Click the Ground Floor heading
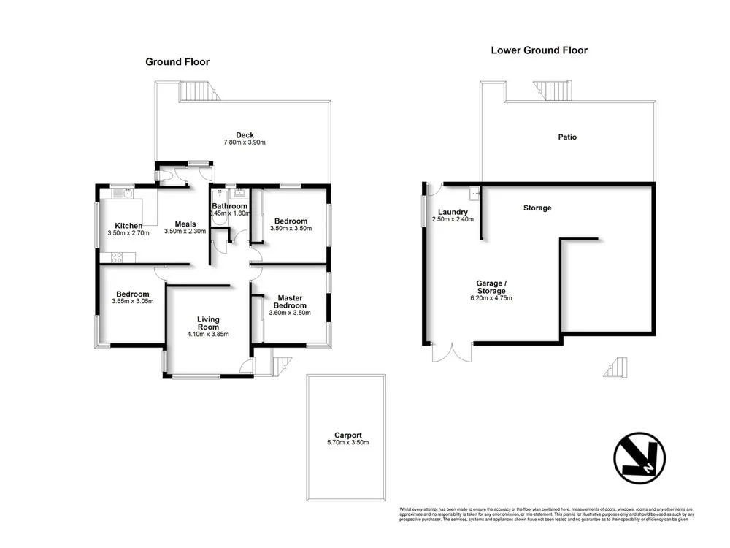coord(177,62)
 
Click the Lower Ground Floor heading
coord(539,50)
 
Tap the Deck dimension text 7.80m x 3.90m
coord(244,142)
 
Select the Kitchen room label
coord(128,225)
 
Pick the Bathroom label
coord(230,207)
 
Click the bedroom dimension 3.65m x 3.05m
coord(133,301)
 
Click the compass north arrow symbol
coord(639,458)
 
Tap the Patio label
coord(567,137)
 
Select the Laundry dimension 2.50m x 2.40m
coord(453,219)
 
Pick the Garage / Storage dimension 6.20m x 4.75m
coord(491,298)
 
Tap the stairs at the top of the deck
coord(198,91)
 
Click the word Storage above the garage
coord(537,208)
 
